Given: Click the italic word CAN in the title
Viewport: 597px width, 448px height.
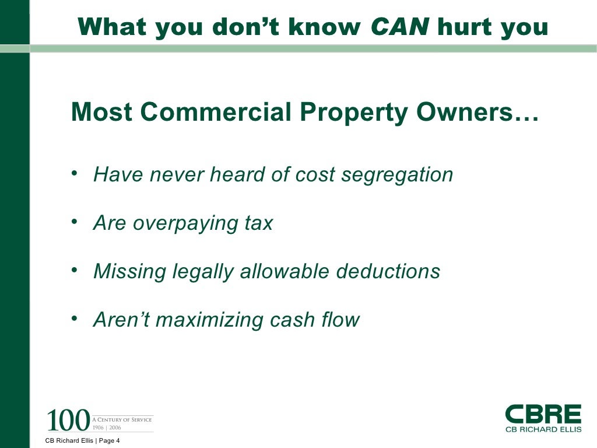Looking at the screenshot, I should pos(399,27).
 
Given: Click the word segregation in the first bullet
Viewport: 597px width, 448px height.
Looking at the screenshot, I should pos(396,175).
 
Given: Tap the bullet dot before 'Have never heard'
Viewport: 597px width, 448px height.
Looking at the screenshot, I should pos(74,174).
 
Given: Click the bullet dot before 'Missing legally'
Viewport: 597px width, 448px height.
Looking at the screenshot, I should pos(74,271).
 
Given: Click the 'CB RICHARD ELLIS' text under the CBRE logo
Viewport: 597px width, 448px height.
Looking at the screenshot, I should pos(543,429).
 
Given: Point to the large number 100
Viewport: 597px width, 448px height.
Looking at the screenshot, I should pos(68,420).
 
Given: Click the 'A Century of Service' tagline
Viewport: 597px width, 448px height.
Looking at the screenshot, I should pos(122,419).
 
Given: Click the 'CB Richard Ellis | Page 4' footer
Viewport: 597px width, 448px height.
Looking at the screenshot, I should pos(82,441).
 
